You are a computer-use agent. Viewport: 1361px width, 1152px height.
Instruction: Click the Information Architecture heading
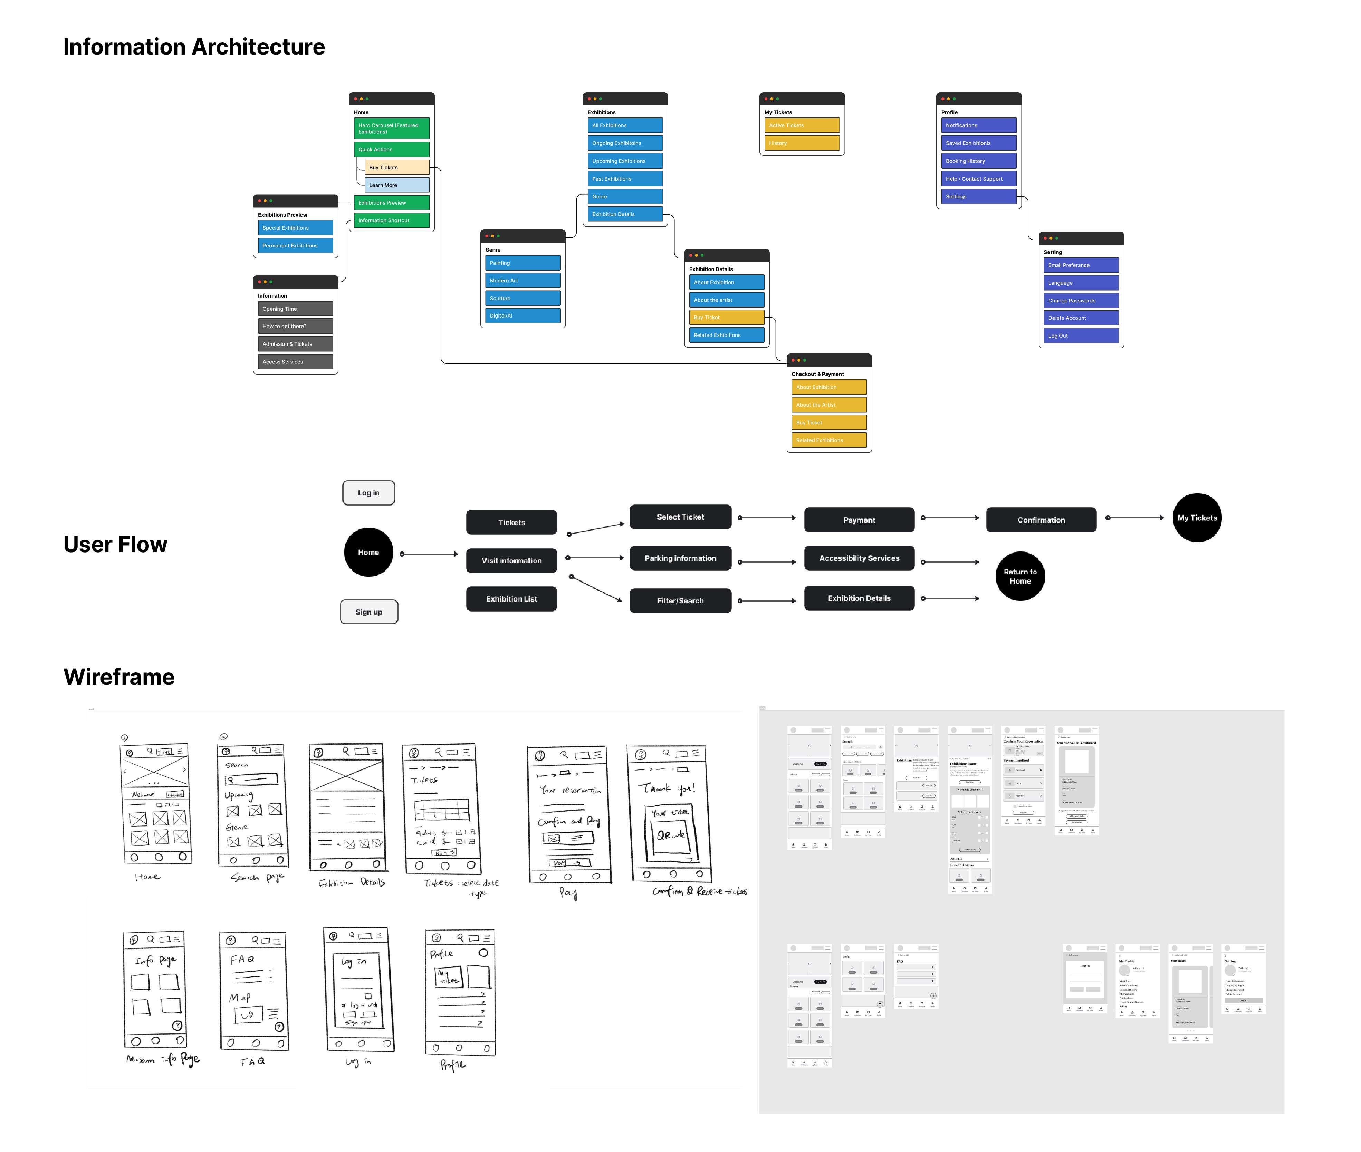pos(194,47)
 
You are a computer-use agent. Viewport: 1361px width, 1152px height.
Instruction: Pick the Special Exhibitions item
pos(295,228)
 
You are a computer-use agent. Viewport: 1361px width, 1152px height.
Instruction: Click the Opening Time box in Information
pos(295,309)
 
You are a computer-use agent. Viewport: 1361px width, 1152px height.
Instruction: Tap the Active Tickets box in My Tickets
pos(802,125)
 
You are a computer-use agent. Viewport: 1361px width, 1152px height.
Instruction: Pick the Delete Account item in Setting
pos(1081,318)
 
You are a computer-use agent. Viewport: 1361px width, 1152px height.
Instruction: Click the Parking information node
pos(680,558)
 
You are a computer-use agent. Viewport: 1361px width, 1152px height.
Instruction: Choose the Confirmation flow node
pos(1041,520)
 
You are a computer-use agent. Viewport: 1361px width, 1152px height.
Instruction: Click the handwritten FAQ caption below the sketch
pos(252,1061)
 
